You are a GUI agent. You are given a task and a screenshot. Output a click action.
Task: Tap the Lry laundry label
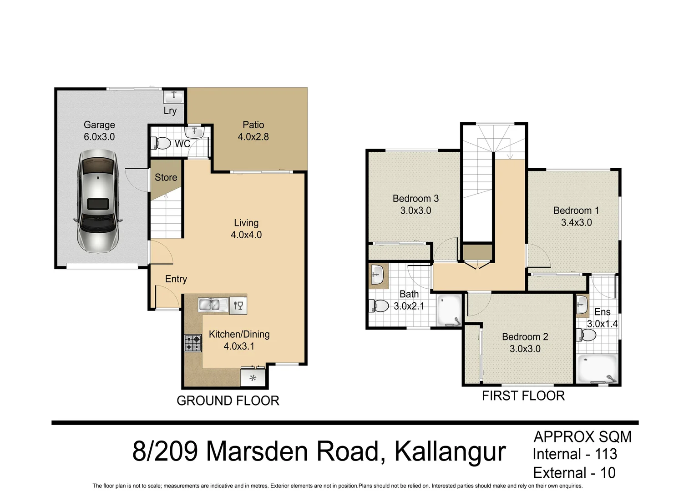[170, 110]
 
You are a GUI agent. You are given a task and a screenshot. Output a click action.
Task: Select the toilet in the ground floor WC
[162, 143]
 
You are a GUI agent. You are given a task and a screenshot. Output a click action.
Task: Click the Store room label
[166, 177]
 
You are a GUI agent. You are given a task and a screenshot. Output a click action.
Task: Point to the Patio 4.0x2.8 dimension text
[253, 137]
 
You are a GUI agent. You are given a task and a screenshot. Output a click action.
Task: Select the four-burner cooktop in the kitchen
[193, 343]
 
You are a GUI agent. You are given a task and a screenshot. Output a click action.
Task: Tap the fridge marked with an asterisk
[253, 377]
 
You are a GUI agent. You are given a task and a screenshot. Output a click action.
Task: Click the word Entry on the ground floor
[176, 279]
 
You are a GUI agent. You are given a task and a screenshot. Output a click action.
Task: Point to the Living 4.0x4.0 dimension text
[246, 235]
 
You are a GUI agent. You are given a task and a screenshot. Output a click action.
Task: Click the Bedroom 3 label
[415, 199]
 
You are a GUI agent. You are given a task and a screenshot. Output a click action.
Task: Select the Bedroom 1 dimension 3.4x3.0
[576, 223]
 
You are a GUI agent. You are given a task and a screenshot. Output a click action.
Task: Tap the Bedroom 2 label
[525, 337]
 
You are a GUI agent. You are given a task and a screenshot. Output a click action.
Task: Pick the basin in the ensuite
[582, 305]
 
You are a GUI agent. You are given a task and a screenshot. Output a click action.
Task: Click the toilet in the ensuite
[587, 336]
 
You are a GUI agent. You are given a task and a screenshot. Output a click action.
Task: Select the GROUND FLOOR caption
[228, 401]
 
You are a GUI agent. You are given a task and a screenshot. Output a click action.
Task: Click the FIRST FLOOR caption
[523, 396]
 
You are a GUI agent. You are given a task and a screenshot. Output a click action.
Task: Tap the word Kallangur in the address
[450, 451]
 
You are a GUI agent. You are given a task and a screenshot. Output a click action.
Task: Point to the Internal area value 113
[606, 454]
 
